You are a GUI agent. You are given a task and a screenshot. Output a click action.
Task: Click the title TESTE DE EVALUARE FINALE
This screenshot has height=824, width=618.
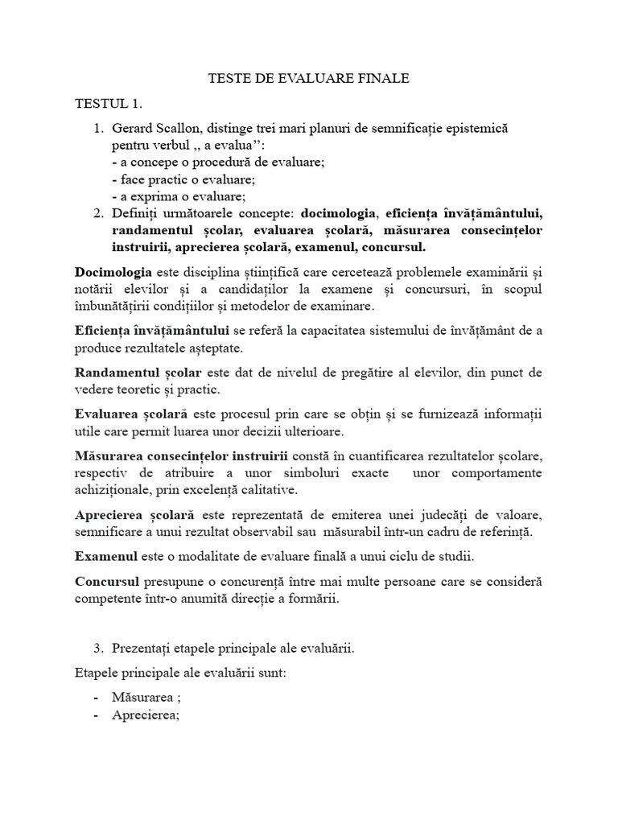click(x=309, y=78)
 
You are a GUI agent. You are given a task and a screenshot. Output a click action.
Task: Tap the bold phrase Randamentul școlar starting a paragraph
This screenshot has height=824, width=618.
click(x=140, y=372)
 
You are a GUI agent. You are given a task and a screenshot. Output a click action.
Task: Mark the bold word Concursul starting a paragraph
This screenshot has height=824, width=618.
click(x=108, y=581)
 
